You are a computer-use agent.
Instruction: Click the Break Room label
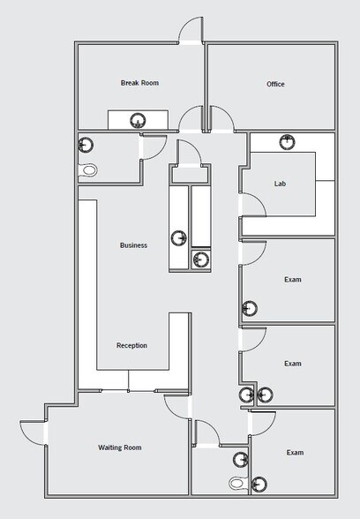(139, 83)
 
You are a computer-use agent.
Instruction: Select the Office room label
(275, 85)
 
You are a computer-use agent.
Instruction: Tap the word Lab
(281, 184)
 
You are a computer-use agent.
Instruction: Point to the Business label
(133, 245)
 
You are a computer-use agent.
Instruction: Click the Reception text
(131, 345)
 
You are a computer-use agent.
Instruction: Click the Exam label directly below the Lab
(292, 280)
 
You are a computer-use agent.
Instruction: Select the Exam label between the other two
(292, 363)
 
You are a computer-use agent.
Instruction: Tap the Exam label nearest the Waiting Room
(295, 452)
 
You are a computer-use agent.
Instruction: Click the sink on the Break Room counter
(137, 120)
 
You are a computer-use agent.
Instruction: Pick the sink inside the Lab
(287, 140)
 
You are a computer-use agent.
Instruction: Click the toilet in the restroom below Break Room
(88, 170)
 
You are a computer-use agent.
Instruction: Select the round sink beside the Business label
(179, 237)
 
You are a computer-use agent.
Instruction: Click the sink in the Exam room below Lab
(249, 308)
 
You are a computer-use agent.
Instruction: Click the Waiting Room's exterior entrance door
(33, 432)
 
